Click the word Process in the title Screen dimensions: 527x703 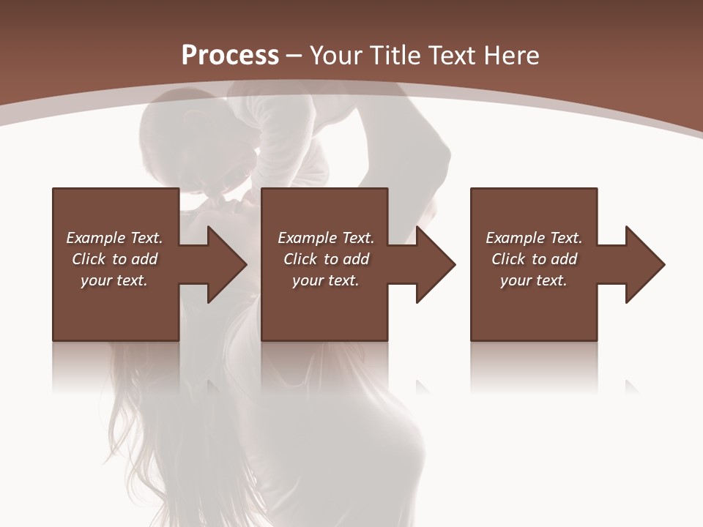230,55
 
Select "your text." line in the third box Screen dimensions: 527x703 533,280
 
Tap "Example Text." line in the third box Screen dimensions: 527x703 534,238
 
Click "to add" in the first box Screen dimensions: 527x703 135,259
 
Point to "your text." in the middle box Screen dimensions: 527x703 325,280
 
